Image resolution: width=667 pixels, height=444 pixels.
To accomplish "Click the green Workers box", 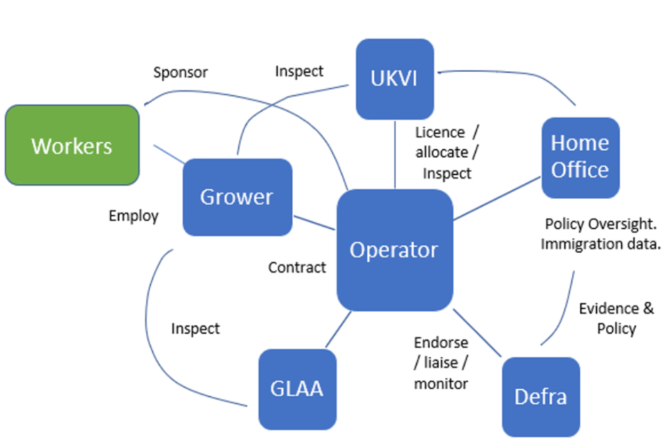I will (x=72, y=145).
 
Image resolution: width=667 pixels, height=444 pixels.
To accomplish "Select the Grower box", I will (x=237, y=197).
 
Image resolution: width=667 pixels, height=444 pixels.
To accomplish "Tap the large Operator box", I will (x=394, y=250).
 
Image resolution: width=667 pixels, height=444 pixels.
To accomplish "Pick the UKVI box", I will (x=395, y=78).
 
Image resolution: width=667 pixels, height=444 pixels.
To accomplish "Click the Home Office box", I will (x=579, y=157).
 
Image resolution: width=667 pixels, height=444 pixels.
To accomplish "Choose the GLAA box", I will (x=297, y=388).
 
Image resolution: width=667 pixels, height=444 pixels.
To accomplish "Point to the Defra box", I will (x=541, y=396).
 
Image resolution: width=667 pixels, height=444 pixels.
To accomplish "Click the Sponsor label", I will (x=181, y=72).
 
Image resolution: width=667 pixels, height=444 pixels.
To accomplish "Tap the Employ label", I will (x=133, y=216).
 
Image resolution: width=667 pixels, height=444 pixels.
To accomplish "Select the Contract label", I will (x=297, y=267).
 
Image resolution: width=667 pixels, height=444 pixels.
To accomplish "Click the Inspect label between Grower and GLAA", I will (x=195, y=328).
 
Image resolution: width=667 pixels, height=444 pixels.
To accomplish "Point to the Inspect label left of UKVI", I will (x=299, y=71).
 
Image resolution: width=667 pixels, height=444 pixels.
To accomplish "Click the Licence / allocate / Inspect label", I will (x=447, y=153).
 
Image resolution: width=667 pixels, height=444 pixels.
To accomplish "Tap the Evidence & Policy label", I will (x=616, y=318).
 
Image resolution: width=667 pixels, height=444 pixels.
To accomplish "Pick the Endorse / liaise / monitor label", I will (x=441, y=363).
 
